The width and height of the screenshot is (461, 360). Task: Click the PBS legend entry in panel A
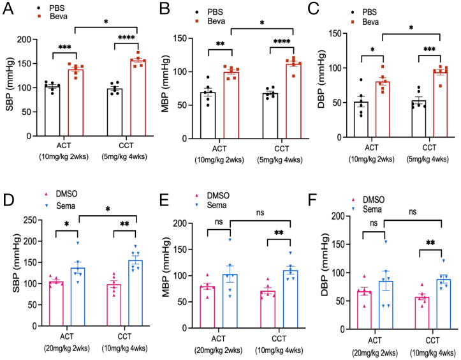tap(54, 10)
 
